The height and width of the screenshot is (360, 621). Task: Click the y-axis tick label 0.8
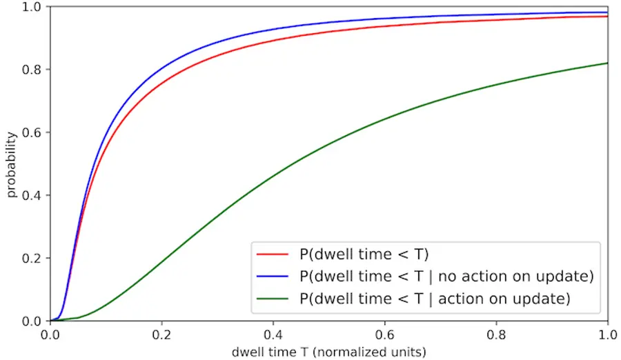click(32, 70)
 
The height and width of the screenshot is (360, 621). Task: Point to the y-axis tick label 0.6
click(32, 132)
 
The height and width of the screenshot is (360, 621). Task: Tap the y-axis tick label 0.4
click(32, 195)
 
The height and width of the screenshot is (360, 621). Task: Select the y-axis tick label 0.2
click(32, 258)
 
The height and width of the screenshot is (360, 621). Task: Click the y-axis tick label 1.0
click(32, 7)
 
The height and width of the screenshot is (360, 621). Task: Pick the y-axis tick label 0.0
click(32, 321)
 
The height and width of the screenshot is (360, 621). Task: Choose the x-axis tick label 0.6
click(385, 335)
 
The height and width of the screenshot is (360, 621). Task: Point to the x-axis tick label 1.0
click(607, 335)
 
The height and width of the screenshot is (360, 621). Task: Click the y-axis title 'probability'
click(12, 164)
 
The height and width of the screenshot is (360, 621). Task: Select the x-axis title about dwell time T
click(329, 352)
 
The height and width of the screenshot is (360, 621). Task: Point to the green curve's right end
click(607, 63)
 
